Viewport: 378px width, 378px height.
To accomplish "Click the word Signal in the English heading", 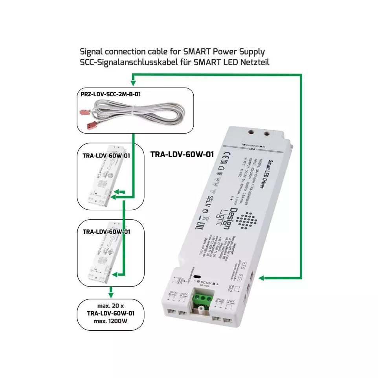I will [x=92, y=51].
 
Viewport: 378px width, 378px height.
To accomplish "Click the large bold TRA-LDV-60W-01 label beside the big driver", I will [x=182, y=154].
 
